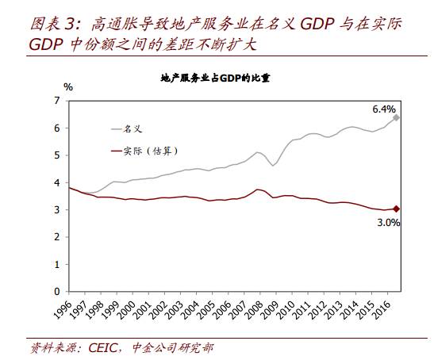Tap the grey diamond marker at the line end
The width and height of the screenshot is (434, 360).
pos(396,117)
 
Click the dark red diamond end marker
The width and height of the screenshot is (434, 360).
pos(396,209)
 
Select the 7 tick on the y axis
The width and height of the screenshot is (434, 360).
pos(56,101)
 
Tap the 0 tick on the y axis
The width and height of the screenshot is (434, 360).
pos(56,292)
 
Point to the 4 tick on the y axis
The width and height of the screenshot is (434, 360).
pos(56,182)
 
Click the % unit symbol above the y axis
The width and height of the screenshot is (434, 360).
pos(68,86)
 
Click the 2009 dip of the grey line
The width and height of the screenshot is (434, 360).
pos(274,165)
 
